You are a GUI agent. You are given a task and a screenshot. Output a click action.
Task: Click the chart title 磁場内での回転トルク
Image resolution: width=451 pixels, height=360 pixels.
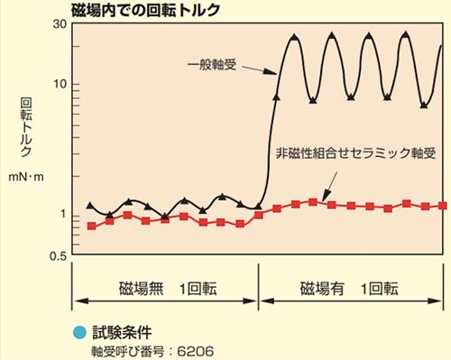[x=146, y=10]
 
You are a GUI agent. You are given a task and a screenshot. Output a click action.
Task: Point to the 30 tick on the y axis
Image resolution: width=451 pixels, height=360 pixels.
[x=60, y=24]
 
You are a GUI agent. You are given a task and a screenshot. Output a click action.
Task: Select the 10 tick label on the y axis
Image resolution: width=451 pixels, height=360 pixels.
[x=60, y=84]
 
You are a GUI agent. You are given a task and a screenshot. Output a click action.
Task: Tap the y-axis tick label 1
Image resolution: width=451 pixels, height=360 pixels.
[x=63, y=215]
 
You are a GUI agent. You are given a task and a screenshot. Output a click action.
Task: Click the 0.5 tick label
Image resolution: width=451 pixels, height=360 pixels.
[x=58, y=256]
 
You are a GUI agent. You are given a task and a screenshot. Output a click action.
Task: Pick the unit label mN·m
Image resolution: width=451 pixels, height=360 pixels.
[x=26, y=177]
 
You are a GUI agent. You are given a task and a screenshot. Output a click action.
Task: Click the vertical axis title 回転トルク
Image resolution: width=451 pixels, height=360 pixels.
[x=26, y=127]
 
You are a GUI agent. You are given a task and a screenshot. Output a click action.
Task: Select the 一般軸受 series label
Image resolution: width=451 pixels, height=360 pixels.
[x=212, y=65]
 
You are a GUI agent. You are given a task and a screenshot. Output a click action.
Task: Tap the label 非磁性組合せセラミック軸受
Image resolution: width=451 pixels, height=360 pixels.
[x=355, y=153]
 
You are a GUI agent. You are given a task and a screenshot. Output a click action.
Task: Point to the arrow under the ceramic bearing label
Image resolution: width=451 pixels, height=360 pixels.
[x=329, y=187]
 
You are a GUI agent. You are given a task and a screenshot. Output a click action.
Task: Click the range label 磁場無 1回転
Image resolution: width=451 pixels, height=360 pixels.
[x=168, y=289]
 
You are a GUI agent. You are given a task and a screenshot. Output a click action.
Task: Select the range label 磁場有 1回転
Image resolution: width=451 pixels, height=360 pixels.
[x=349, y=289]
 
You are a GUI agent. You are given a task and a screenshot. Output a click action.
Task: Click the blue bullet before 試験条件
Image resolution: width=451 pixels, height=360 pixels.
[x=79, y=333]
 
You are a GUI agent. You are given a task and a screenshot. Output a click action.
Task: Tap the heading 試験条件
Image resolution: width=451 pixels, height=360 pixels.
[x=122, y=333]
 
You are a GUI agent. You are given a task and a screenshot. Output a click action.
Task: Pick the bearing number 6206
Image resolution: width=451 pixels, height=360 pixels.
[x=196, y=352]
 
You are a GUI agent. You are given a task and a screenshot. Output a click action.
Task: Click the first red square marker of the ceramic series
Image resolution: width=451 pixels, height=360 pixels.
[x=91, y=226]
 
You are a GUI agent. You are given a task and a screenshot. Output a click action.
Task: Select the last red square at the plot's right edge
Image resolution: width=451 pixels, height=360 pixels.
[x=442, y=206]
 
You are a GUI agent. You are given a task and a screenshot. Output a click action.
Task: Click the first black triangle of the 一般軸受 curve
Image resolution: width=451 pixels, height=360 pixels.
[x=90, y=206]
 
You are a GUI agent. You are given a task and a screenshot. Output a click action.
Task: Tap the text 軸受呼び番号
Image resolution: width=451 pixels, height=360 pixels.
[x=128, y=352]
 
